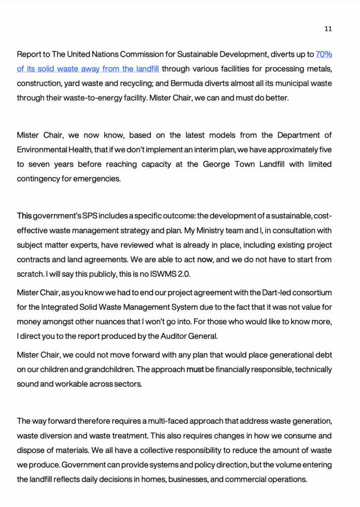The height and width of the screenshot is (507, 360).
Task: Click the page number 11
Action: (328, 29)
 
